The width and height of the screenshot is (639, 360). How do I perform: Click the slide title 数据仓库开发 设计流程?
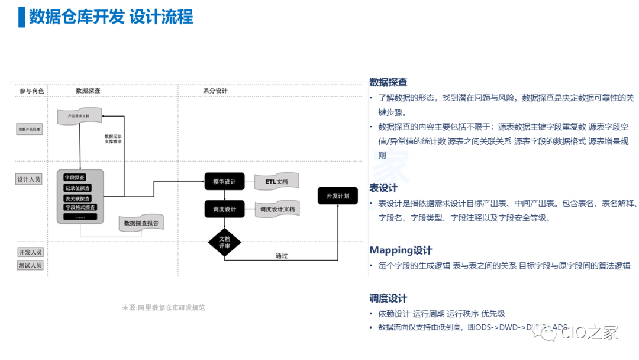[x=111, y=17]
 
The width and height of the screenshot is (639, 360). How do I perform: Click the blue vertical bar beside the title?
[x=22, y=17]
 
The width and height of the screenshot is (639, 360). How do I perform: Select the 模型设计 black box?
[x=224, y=181]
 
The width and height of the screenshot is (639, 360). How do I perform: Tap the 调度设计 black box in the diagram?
[x=224, y=209]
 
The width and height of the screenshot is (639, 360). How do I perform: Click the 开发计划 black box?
[x=337, y=195]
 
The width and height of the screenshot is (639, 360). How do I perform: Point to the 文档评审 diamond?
[x=224, y=243]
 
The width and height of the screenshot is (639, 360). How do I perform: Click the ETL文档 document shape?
[x=276, y=182]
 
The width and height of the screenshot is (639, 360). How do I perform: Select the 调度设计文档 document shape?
[x=277, y=209]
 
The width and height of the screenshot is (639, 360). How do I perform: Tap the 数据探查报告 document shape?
[x=141, y=224]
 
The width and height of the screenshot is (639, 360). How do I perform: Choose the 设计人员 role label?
[x=30, y=179]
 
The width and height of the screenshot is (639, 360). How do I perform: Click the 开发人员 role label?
[x=30, y=252]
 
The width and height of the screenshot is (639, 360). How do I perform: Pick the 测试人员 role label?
[x=30, y=265]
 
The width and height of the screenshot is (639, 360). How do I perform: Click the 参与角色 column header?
[x=31, y=91]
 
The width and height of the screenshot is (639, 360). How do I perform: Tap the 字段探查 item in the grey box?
[x=75, y=178]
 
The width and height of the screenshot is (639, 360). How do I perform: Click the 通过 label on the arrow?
[x=282, y=256]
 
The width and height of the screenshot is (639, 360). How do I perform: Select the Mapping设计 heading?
[x=401, y=250]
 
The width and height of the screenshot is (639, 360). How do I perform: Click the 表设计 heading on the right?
[x=383, y=188]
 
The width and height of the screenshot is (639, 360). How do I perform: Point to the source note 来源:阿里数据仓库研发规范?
[x=163, y=307]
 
